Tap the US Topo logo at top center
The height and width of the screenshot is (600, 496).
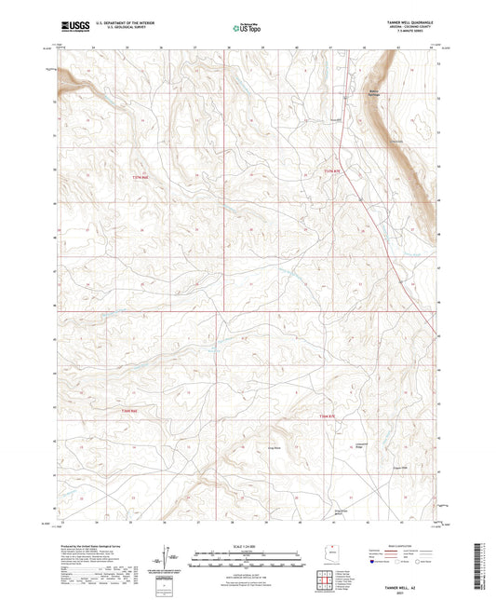[x=245, y=29]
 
